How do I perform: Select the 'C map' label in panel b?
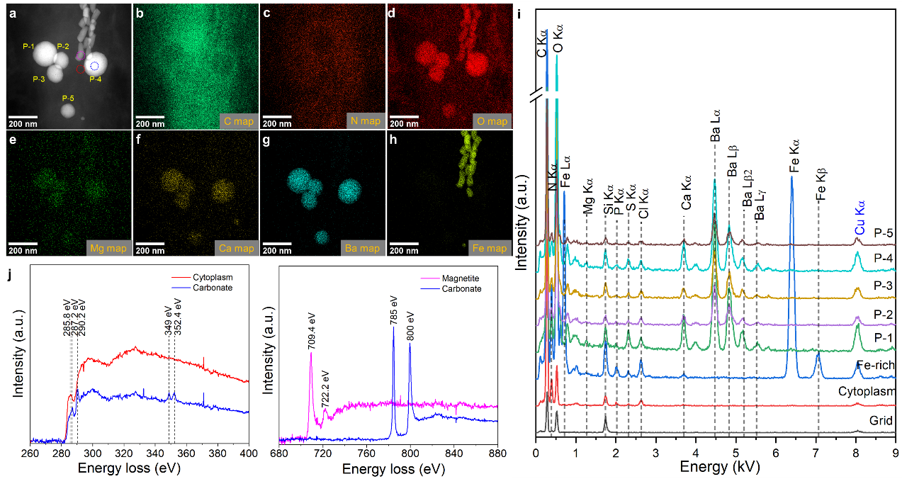pyautogui.click(x=238, y=121)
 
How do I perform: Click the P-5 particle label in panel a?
pyautogui.click(x=68, y=98)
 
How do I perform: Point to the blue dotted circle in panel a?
pyautogui.click(x=95, y=66)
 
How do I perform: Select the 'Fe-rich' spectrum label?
pyautogui.click(x=876, y=366)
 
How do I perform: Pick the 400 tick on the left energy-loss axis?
pyautogui.click(x=248, y=453)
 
